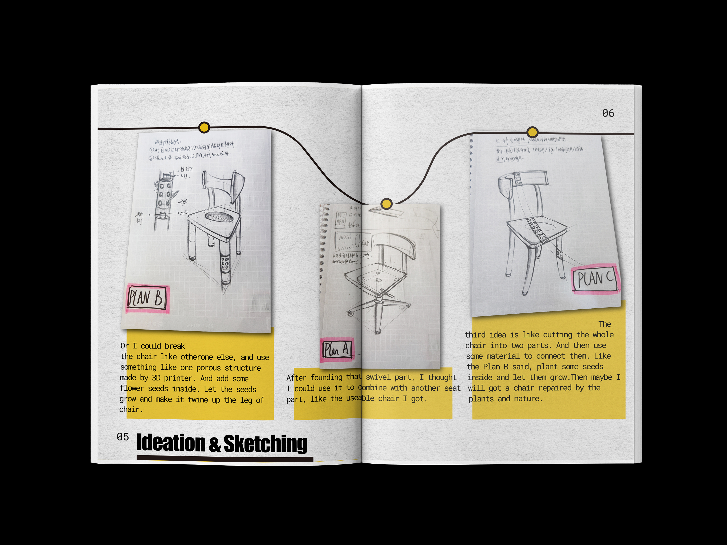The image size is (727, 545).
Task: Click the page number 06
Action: (x=608, y=113)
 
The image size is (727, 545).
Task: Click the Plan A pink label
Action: (x=337, y=350)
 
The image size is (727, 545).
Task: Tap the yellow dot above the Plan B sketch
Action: (x=204, y=127)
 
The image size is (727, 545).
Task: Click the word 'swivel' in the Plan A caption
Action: (x=378, y=377)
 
